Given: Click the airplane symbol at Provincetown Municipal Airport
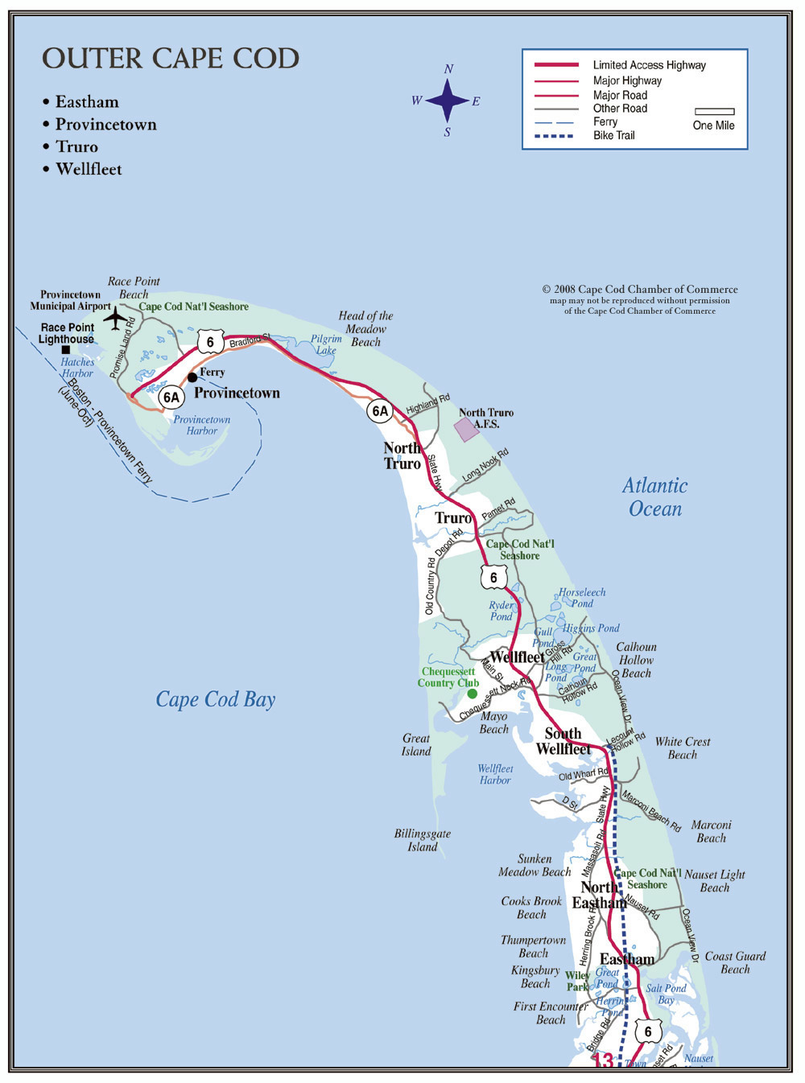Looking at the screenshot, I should tap(117, 319).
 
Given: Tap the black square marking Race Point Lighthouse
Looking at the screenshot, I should tap(66, 349).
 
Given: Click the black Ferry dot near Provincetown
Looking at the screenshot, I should tap(192, 377).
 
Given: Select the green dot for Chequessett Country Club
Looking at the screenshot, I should tap(472, 693).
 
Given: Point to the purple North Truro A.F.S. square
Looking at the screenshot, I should tap(467, 430).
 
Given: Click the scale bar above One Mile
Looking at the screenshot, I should tap(714, 112).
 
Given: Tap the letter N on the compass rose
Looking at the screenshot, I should tap(448, 69).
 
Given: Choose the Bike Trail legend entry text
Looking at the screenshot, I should tap(614, 135).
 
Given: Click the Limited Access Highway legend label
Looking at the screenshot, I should tap(649, 65).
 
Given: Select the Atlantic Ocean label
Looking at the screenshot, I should tap(655, 497).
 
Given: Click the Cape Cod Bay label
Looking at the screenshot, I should tap(216, 699).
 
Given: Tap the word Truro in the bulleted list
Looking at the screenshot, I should tap(77, 146).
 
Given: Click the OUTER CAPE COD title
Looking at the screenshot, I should tap(171, 59).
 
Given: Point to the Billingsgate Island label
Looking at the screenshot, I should tap(423, 840).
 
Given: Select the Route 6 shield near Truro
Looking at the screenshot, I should tap(493, 577).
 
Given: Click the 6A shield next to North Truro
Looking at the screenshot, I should tap(380, 411).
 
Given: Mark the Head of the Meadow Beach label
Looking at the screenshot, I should tap(365, 328).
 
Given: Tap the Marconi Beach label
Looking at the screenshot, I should tap(711, 831).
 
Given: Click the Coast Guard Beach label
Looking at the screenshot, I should tap(735, 962).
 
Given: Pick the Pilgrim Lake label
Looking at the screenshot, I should tap(327, 344).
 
